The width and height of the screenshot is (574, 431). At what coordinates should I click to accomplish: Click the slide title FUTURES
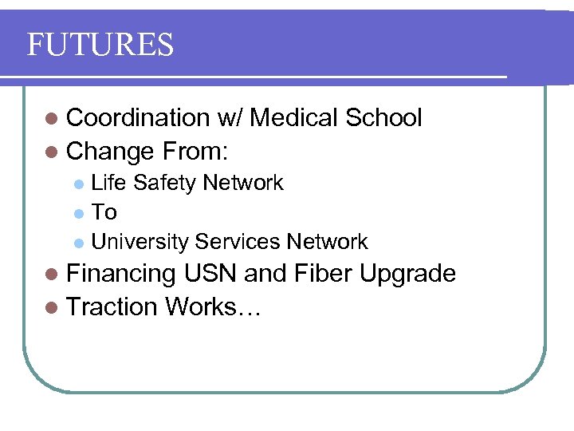pos(100,45)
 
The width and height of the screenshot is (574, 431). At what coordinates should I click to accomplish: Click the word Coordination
pos(137,118)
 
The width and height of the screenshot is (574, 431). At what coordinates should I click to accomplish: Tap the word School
pos(383,118)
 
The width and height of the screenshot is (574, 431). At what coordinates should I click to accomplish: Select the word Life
pos(109,183)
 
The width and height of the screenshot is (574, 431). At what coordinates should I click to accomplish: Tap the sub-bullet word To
pos(104,212)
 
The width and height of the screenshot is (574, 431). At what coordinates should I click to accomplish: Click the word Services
pos(237,242)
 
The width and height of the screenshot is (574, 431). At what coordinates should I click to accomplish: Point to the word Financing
pos(121,275)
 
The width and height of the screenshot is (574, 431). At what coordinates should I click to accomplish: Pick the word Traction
pos(112,306)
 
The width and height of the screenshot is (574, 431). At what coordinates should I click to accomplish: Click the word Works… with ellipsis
pos(213,306)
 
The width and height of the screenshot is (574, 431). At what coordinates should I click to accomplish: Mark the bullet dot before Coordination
pos(52,119)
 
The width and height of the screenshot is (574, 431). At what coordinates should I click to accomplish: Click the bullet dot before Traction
pos(52,306)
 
